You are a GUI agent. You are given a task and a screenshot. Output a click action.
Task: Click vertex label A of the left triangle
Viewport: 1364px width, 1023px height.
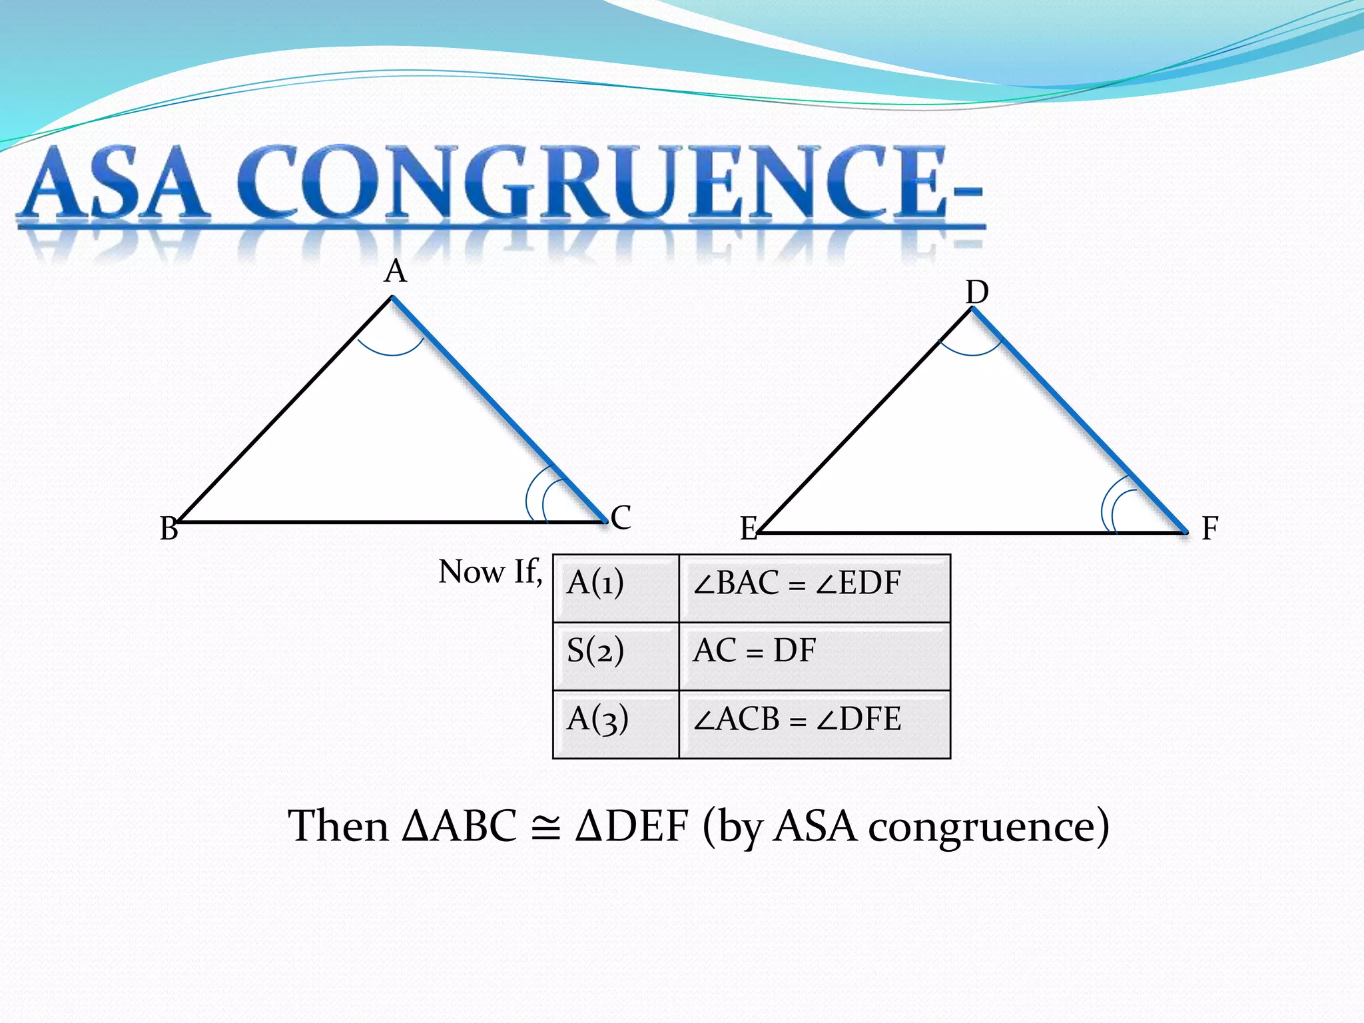tap(395, 272)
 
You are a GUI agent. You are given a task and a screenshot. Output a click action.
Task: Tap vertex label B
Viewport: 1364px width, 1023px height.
tap(169, 529)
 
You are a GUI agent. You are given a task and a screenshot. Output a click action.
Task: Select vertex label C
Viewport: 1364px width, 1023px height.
tap(621, 517)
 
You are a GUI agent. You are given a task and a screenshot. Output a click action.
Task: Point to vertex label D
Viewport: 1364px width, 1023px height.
tap(977, 292)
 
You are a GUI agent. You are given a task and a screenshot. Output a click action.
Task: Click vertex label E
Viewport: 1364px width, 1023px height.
tap(749, 529)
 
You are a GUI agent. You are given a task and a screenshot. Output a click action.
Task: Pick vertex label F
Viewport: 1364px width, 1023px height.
tap(1209, 529)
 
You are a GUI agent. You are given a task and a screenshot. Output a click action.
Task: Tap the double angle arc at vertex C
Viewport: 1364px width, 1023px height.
tap(538, 496)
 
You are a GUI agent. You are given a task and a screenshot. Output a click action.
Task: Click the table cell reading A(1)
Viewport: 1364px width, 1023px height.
tap(615, 588)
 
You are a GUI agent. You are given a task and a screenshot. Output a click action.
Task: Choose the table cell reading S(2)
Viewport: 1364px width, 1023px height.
tap(615, 656)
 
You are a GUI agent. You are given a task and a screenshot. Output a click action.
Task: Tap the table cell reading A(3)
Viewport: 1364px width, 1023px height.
tap(615, 725)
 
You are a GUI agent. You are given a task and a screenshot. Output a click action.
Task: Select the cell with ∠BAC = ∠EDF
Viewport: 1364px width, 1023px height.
tap(814, 588)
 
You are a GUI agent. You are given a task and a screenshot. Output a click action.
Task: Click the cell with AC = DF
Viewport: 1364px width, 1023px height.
tap(814, 656)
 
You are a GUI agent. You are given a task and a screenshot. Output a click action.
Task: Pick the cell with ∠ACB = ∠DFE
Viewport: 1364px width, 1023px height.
tap(814, 725)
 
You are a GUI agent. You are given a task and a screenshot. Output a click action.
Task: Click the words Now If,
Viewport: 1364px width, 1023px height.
tap(490, 571)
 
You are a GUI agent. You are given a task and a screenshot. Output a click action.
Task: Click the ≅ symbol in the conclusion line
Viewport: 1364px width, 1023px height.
tap(546, 828)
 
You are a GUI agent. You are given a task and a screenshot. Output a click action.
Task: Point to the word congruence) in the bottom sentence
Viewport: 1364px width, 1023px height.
tap(988, 828)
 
